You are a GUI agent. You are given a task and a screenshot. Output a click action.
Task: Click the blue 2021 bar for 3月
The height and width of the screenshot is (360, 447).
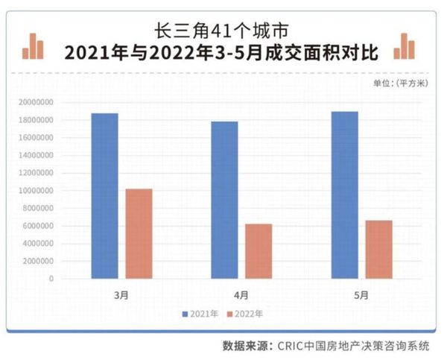[x=105, y=196]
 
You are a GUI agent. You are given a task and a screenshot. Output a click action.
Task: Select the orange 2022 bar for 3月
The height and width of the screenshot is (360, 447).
[x=139, y=234]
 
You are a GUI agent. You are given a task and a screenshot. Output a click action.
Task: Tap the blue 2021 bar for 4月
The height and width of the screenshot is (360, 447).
[x=224, y=200]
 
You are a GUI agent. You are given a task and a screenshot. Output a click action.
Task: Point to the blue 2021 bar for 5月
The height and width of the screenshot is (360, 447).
[x=344, y=195]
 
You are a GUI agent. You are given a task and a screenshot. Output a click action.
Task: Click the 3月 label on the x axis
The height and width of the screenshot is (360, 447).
[x=122, y=292]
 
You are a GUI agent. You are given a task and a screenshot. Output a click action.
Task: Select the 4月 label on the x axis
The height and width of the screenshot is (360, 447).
[x=241, y=292]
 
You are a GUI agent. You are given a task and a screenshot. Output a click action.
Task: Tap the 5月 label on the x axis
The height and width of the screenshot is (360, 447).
[x=361, y=292]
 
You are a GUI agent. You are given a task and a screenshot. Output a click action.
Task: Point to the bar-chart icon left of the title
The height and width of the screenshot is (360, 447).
[x=33, y=46]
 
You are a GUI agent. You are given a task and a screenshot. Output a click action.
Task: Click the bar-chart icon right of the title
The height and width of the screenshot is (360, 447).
[x=405, y=46]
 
